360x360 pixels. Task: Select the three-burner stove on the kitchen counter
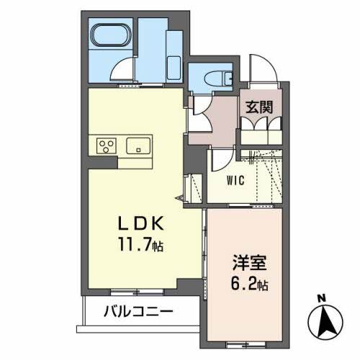tap(107, 145)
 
